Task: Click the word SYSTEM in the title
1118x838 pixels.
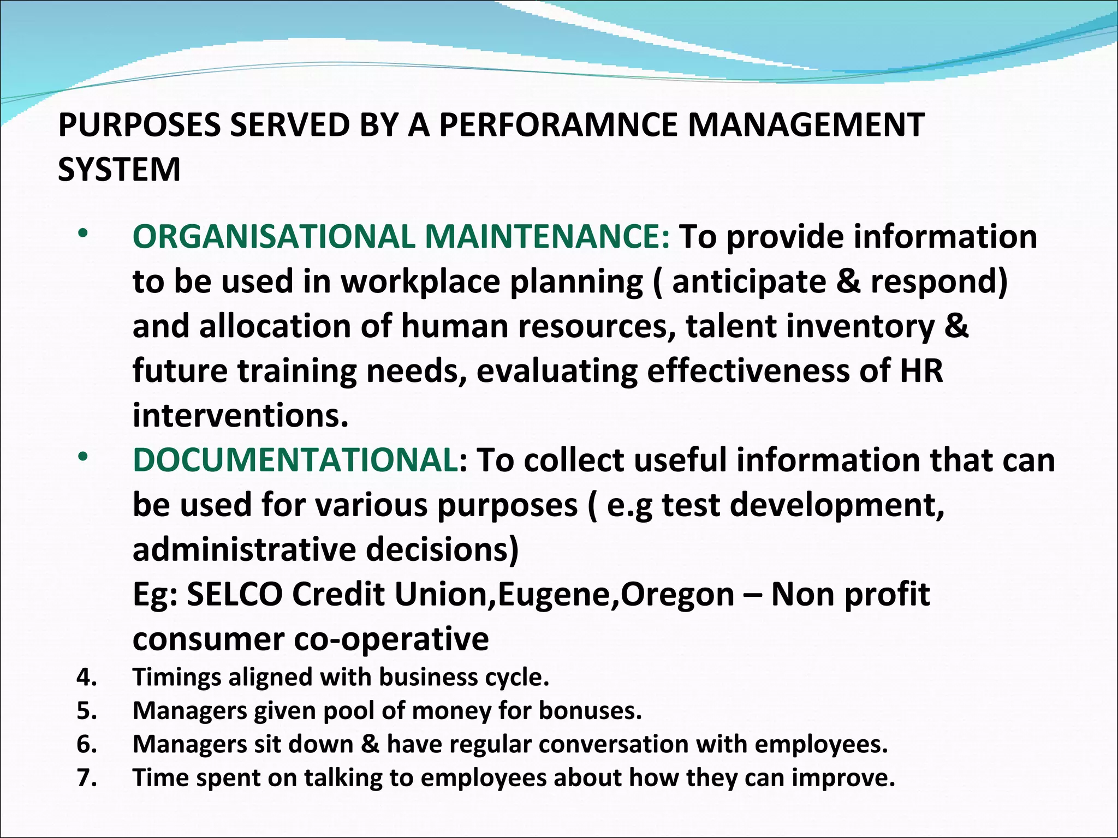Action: [119, 170]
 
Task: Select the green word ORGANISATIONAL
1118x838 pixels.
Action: [273, 237]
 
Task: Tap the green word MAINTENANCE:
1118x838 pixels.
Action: [547, 237]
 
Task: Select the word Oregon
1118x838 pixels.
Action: [677, 595]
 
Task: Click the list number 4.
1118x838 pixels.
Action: [86, 678]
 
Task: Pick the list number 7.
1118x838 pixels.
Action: [86, 778]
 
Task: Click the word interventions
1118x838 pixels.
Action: [240, 416]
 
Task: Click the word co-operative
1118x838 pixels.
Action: [391, 639]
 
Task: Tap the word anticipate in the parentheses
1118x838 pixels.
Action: [748, 282]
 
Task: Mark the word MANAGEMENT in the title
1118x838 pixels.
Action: [806, 125]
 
